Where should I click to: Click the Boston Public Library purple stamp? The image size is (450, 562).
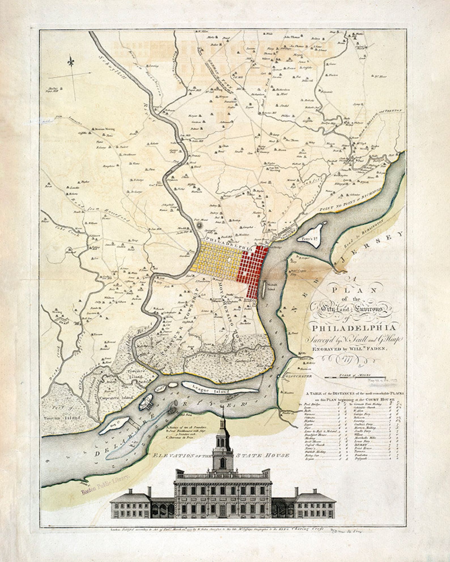click(105, 480)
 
